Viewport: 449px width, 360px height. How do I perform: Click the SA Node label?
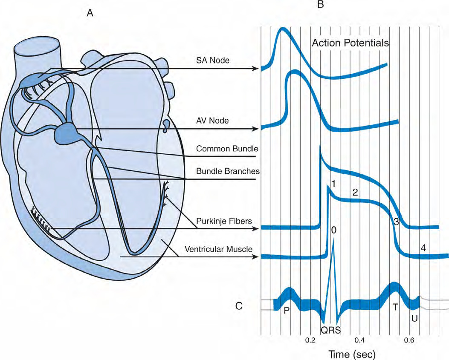point(213,60)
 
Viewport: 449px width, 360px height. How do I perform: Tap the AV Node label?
point(212,121)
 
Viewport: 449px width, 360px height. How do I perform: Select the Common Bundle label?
point(227,149)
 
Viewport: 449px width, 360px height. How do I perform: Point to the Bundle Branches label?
point(228,171)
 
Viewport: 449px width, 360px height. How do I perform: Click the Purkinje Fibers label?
point(224,221)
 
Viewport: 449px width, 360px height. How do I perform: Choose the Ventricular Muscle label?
point(218,249)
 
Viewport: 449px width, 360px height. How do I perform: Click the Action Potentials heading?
point(350,43)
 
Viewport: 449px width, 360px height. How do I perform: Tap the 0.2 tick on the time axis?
point(310,340)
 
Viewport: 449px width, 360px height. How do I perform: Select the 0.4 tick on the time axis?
point(359,340)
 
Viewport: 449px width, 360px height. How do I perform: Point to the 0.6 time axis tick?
point(409,340)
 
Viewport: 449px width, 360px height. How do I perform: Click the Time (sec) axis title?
point(351,354)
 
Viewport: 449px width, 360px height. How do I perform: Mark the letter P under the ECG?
point(287,311)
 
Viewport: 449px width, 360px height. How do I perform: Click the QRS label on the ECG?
point(331,330)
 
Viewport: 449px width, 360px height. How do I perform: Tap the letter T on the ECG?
point(395,307)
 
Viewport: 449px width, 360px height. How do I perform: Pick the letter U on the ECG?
point(414,318)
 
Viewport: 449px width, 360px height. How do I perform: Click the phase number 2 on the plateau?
point(355,192)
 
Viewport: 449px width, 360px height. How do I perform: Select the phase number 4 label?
point(423,248)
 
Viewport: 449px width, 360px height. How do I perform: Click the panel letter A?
point(90,13)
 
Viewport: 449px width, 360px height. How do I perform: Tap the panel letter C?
point(239,306)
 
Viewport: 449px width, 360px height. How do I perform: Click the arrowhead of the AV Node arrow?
point(255,129)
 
